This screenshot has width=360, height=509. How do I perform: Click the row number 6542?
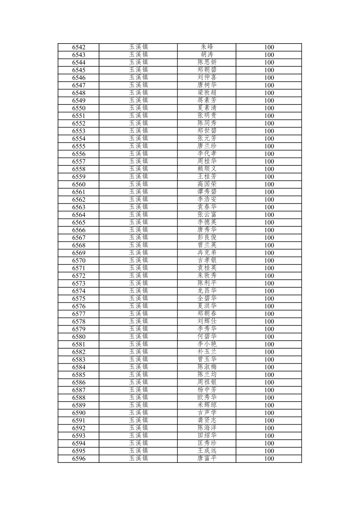click(79, 47)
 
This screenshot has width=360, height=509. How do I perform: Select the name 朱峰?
click(207, 47)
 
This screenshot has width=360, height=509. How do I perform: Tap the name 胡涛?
click(207, 55)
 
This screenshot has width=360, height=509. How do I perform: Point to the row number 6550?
click(79, 108)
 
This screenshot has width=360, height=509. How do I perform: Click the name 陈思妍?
click(207, 63)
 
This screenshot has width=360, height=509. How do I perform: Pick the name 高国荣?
click(207, 185)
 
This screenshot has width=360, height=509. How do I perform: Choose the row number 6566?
click(79, 230)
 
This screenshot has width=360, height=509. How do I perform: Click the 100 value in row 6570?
click(269, 261)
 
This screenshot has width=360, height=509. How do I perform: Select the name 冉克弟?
click(207, 253)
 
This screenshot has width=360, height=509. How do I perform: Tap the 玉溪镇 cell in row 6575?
click(138, 299)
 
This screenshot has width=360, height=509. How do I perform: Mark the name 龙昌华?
click(207, 291)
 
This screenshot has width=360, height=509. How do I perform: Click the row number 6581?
click(79, 344)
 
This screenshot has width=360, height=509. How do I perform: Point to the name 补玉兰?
click(207, 352)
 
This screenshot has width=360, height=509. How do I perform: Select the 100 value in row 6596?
click(269, 459)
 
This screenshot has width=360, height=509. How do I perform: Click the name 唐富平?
click(207, 459)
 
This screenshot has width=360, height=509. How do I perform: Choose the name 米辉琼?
click(207, 405)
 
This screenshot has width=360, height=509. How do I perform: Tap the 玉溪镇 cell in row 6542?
click(138, 47)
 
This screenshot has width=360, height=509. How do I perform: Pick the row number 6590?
click(79, 413)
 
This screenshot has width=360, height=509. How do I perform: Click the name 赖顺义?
click(207, 169)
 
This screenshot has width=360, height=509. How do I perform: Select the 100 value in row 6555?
click(269, 146)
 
